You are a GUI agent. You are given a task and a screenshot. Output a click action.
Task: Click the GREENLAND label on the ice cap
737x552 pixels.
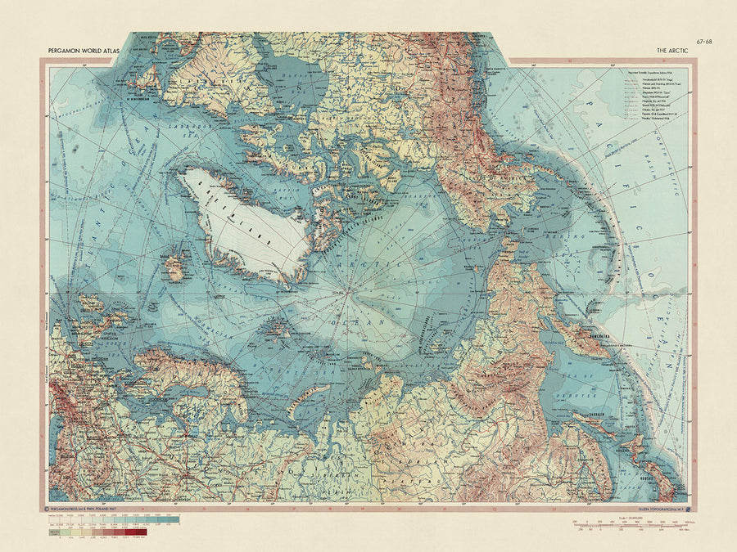coord(249,220)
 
